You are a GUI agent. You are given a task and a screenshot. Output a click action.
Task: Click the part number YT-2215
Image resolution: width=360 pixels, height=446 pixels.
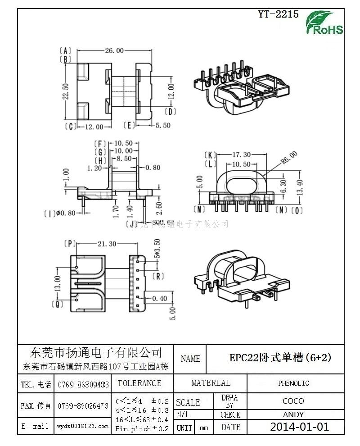pos(278,14)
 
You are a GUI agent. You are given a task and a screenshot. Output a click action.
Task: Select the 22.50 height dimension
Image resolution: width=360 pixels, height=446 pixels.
pos(66,91)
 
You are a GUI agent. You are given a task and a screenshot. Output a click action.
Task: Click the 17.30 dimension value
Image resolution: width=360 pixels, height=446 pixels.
pos(241,154)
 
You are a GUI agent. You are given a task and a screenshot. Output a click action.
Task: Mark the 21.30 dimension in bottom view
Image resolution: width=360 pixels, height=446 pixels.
pos(107,244)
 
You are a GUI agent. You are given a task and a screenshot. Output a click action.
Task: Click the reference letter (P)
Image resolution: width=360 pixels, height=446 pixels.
pos(69,244)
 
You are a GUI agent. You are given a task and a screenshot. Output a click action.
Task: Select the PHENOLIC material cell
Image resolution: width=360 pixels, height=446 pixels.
pos(293,383)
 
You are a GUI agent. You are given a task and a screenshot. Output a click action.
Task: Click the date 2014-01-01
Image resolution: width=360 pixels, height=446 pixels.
pos(299,427)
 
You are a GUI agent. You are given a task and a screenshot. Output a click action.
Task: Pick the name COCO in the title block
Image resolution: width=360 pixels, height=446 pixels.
pos(293,401)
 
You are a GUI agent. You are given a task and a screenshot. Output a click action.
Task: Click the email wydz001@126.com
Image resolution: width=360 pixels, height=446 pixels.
pos(83,426)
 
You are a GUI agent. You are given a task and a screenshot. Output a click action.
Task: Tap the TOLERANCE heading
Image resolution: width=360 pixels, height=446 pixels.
pos(139,383)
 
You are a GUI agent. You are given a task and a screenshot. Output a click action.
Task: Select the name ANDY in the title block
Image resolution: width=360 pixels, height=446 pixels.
pos(293,414)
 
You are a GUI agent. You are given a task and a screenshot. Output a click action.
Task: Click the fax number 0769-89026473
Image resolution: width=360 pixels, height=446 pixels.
pos(83,406)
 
